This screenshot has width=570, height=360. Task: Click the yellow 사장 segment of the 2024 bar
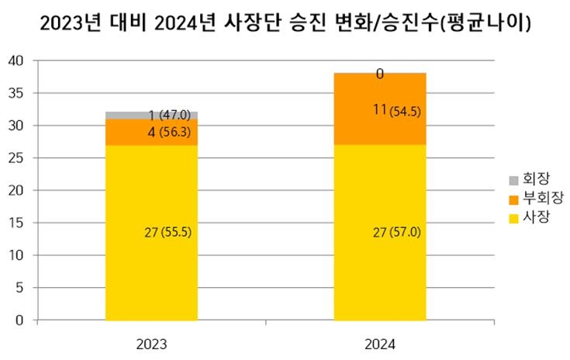(380, 264)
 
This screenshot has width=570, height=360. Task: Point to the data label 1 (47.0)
(168, 116)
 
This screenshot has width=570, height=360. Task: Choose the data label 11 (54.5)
(396, 111)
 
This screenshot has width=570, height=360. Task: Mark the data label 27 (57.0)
(396, 232)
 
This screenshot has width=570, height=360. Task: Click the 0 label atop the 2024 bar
(380, 74)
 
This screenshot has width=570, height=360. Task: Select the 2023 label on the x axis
(151, 342)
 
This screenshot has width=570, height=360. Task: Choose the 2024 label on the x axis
(380, 342)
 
